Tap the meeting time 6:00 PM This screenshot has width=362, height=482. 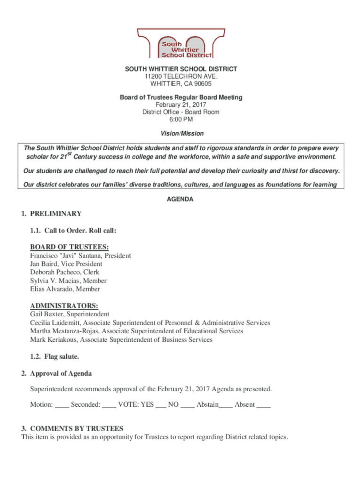[181, 119]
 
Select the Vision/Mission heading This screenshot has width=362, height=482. [181, 134]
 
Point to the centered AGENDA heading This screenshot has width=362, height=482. [181, 200]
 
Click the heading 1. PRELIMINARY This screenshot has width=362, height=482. [51, 214]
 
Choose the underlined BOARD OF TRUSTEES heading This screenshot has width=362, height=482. [69, 247]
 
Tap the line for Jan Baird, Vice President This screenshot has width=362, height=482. [66, 264]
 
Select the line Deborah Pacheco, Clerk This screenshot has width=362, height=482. [64, 273]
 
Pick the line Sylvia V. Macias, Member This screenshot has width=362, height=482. [68, 281]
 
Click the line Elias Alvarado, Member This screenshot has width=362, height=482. [65, 289]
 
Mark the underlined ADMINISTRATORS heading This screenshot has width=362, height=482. [64, 305]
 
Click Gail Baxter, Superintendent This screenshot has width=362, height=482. [70, 314]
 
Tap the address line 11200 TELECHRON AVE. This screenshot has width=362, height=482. [181, 77]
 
